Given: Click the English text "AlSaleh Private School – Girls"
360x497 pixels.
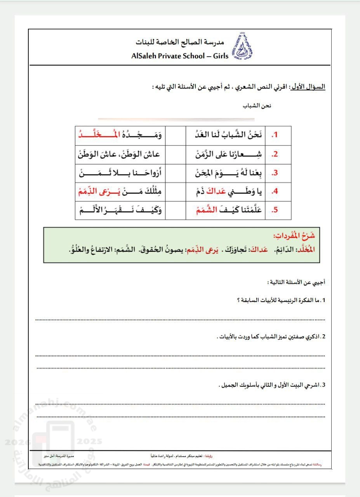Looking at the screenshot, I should [180, 56].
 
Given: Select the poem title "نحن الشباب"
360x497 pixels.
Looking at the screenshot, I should [257, 106].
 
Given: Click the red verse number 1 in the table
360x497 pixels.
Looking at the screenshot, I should [276, 135].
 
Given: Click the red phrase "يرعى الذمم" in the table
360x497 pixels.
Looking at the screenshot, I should [97, 191].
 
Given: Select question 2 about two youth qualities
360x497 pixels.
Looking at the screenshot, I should [270, 337].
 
